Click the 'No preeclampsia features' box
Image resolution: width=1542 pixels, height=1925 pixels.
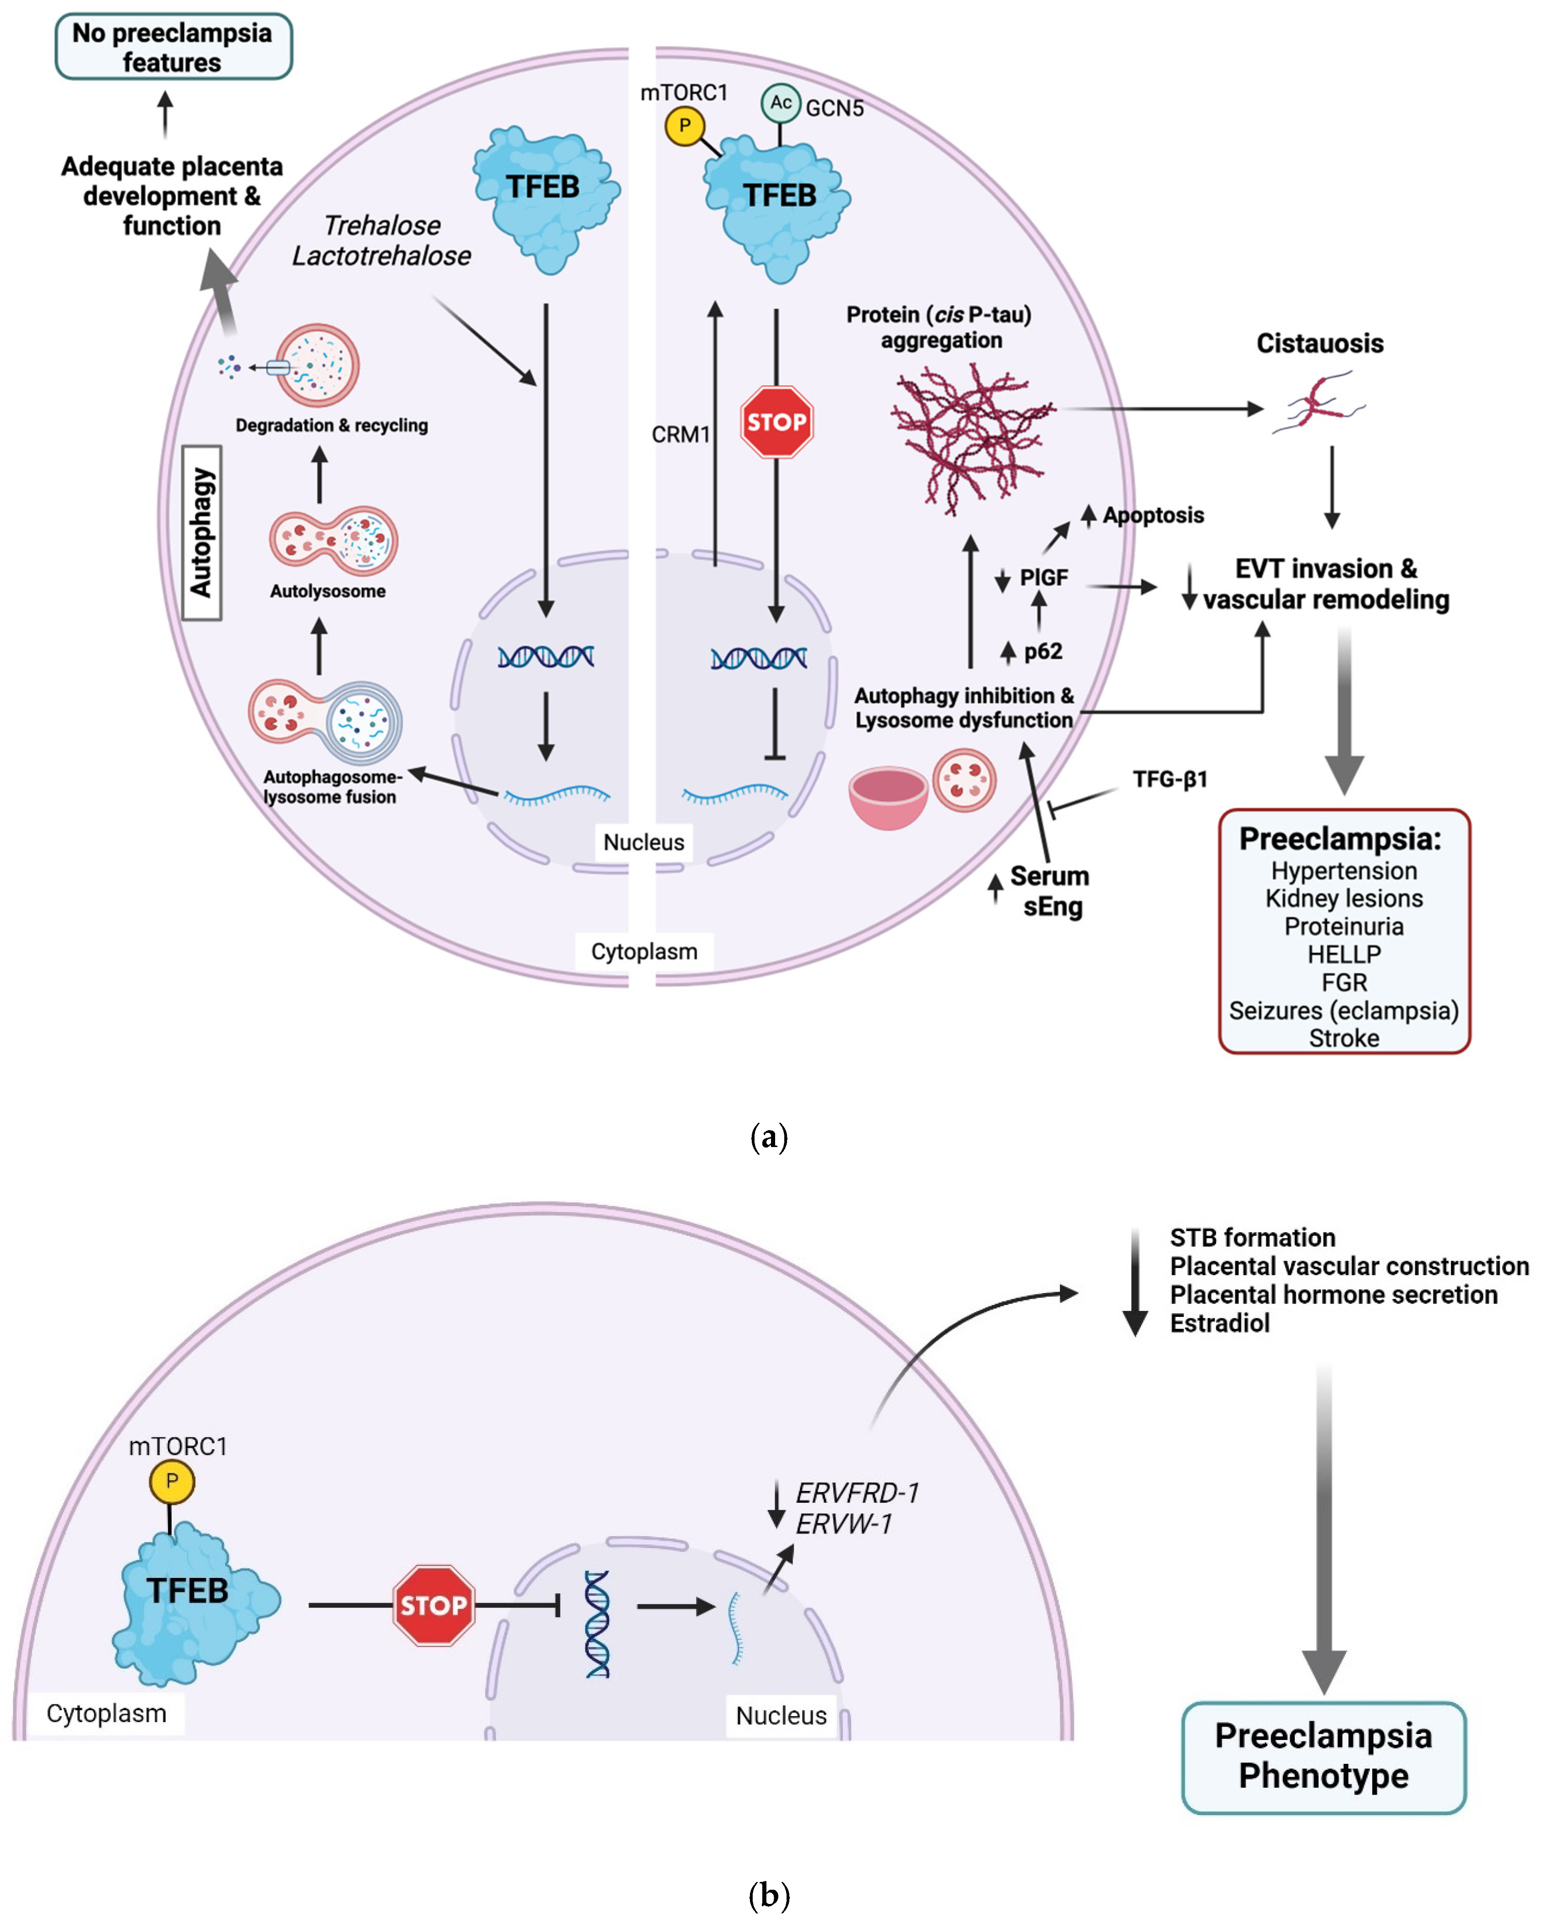tap(173, 46)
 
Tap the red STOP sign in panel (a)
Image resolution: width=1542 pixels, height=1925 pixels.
tap(776, 421)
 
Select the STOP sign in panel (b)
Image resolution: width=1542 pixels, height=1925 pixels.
tap(433, 1604)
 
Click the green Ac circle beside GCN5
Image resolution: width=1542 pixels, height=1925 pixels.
tap(780, 103)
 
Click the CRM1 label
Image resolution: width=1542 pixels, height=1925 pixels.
tap(680, 435)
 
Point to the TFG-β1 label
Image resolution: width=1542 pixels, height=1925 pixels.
tap(1170, 779)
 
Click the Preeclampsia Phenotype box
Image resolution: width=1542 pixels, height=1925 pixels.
tap(1323, 1756)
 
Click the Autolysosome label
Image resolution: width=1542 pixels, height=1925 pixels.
tap(328, 591)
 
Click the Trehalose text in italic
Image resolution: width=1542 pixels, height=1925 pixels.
tap(382, 225)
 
